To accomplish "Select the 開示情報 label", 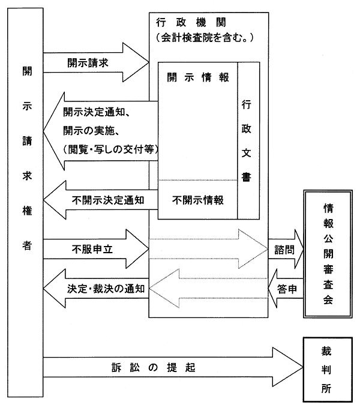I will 197,77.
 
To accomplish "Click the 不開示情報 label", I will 197,200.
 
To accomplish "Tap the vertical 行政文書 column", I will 246,141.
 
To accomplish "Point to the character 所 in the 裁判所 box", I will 326,388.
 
